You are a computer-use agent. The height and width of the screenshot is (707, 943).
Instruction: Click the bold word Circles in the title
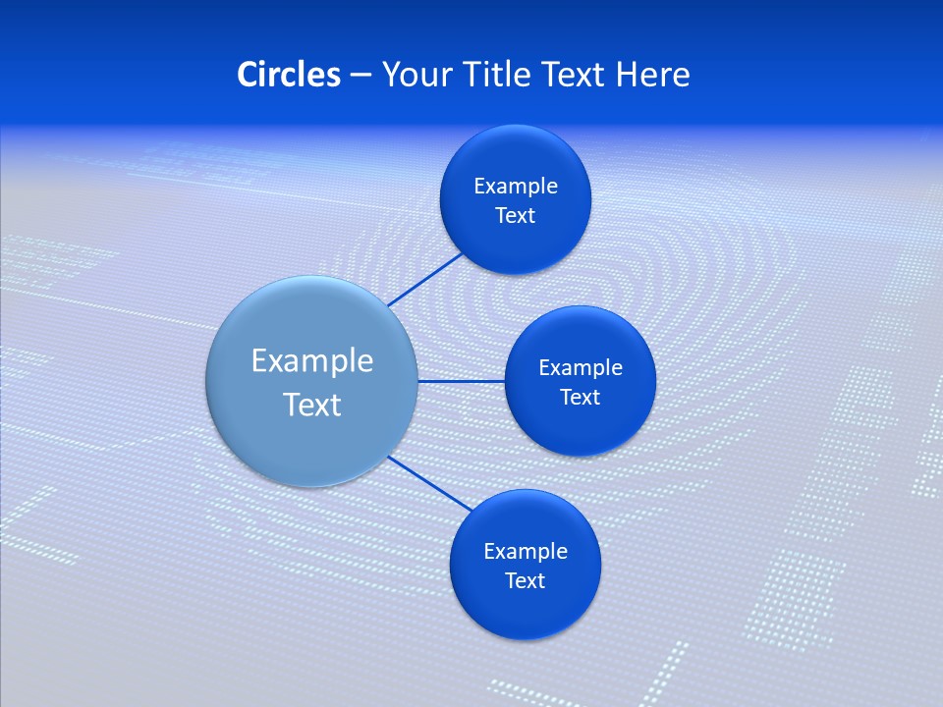click(x=288, y=75)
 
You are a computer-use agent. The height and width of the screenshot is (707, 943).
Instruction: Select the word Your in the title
click(x=414, y=75)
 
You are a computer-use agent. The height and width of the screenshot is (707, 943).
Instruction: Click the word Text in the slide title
click(x=574, y=75)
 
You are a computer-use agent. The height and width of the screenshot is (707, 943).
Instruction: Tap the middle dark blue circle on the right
click(x=580, y=422)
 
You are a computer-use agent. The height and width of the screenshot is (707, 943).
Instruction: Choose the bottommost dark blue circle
click(x=525, y=609)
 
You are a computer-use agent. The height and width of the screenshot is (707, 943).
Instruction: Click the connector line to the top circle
click(x=424, y=279)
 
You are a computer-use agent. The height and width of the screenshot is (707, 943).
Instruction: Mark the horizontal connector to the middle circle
click(x=461, y=381)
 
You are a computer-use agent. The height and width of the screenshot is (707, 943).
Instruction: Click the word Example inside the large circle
click(x=311, y=360)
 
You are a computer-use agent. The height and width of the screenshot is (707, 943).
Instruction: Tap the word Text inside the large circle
click(x=311, y=405)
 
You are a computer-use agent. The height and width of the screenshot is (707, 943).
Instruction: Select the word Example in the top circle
click(x=515, y=186)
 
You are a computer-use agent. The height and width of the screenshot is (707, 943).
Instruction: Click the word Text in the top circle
click(x=515, y=215)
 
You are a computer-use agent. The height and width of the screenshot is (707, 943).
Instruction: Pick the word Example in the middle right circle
click(x=580, y=367)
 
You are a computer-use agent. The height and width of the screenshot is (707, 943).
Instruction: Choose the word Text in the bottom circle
click(x=525, y=580)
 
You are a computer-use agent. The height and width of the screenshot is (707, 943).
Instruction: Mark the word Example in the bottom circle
click(x=525, y=551)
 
